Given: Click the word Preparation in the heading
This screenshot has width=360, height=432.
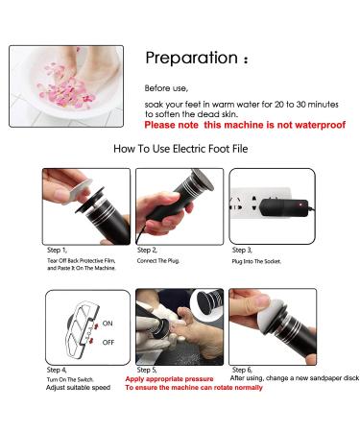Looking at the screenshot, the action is pyautogui.click(x=191, y=58).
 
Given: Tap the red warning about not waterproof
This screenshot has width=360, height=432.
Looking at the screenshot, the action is pyautogui.click(x=245, y=125).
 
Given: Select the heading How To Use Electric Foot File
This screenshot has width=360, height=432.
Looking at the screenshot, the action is pyautogui.click(x=180, y=149).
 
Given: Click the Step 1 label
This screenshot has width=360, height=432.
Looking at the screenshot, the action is pyautogui.click(x=57, y=250).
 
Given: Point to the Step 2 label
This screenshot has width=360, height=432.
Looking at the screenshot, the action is pyautogui.click(x=147, y=250).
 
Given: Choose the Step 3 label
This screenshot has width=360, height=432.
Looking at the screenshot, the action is pyautogui.click(x=242, y=250).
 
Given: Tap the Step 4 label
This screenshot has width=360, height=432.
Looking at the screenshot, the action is pyautogui.click(x=57, y=371).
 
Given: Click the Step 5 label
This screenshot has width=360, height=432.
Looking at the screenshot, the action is pyautogui.click(x=147, y=371).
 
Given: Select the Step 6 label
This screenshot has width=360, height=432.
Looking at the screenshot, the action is pyautogui.click(x=242, y=371).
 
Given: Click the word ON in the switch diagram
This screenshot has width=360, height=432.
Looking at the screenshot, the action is pyautogui.click(x=108, y=324).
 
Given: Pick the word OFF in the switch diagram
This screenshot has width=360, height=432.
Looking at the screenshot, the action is pyautogui.click(x=108, y=343).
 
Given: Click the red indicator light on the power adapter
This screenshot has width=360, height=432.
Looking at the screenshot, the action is pyautogui.click(x=300, y=204).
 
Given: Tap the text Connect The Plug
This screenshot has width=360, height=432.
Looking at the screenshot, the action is pyautogui.click(x=158, y=261).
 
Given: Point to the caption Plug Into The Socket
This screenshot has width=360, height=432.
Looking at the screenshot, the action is pyautogui.click(x=256, y=261).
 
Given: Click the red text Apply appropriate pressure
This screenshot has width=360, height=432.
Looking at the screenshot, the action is pyautogui.click(x=169, y=379).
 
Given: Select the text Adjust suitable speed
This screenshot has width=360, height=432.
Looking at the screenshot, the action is pyautogui.click(x=78, y=388).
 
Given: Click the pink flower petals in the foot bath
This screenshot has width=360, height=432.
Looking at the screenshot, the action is pyautogui.click(x=65, y=88).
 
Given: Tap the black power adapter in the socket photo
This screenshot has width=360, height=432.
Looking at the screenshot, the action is pyautogui.click(x=283, y=207).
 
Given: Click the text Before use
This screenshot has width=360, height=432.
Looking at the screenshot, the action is pyautogui.click(x=166, y=88).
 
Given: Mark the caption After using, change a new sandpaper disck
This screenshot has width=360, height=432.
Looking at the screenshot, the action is pyautogui.click(x=295, y=378).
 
